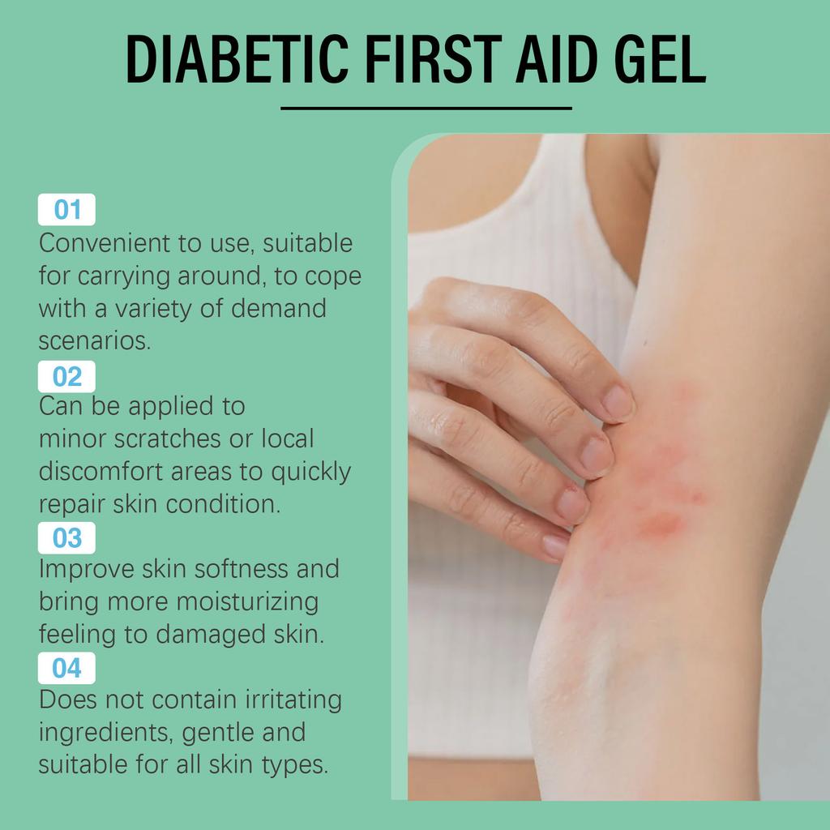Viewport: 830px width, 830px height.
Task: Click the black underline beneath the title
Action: click(426, 108)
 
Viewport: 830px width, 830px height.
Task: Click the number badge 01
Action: click(67, 210)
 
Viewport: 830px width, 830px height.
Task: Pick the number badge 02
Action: click(67, 377)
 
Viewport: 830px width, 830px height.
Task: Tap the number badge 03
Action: click(67, 538)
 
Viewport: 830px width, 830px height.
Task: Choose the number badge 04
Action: click(67, 668)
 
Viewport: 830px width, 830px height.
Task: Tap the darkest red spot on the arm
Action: click(661, 524)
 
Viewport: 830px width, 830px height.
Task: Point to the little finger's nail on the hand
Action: click(556, 545)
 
